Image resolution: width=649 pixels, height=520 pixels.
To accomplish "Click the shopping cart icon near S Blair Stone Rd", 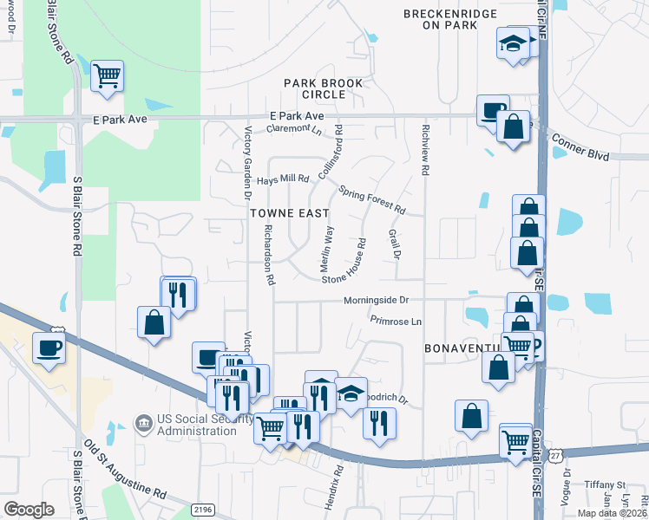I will click(x=107, y=75).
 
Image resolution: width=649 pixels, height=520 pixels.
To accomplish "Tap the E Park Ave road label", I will click(x=296, y=115).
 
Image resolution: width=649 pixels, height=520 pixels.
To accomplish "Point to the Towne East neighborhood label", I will click(x=290, y=212).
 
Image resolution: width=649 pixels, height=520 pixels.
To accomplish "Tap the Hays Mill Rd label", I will click(x=283, y=180).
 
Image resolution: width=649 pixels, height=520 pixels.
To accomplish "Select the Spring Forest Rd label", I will click(x=372, y=200).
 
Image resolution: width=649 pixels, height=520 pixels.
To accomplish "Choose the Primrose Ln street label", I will click(x=396, y=321).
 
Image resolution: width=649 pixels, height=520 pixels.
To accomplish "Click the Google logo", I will click(x=29, y=510).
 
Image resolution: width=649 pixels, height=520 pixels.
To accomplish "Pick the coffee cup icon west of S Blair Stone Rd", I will click(x=49, y=349).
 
